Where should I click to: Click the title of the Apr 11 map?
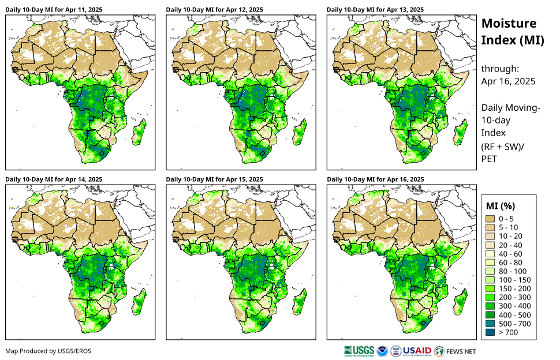click(x=54, y=10)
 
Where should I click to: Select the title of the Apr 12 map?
click(x=214, y=10)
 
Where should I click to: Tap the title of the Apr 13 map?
click(x=375, y=10)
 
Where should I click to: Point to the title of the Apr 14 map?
click(x=54, y=179)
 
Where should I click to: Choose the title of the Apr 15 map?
click(x=214, y=179)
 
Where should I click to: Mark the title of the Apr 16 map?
click(x=375, y=179)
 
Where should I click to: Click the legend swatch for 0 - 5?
click(x=491, y=219)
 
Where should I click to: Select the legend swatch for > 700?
click(x=491, y=332)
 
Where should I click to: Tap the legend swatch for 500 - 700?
click(x=491, y=324)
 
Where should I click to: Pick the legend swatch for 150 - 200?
click(x=491, y=288)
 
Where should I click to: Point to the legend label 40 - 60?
click(x=510, y=254)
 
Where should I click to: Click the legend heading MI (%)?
click(x=501, y=205)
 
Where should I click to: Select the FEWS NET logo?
click(x=456, y=351)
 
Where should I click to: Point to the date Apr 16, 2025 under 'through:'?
click(x=508, y=81)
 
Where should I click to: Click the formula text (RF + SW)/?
click(x=503, y=147)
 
